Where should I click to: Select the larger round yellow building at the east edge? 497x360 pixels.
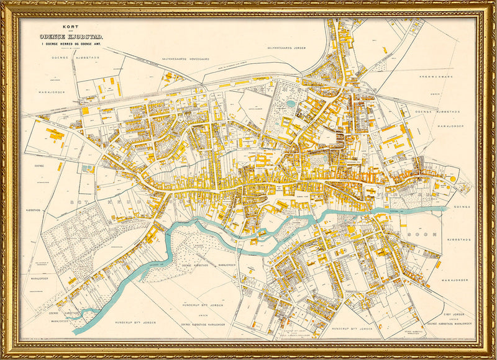click(x=452, y=179)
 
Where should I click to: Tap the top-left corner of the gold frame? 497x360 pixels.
click(x=3, y=3)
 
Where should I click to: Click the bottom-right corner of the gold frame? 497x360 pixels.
click(x=494, y=357)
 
